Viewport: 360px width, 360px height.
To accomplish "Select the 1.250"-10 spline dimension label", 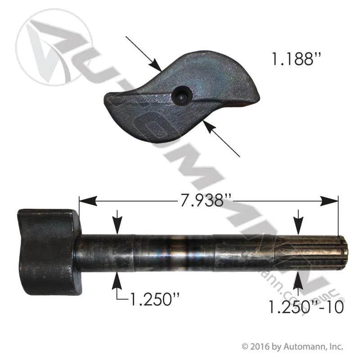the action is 306,307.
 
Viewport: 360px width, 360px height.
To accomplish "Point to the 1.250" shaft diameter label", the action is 154,299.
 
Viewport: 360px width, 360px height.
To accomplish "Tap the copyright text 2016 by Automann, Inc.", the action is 292,346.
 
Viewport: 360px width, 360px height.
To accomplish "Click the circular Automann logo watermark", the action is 54,47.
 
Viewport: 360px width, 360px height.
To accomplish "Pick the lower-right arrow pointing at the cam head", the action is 222,139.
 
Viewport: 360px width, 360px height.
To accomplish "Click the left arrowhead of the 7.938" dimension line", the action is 88,201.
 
